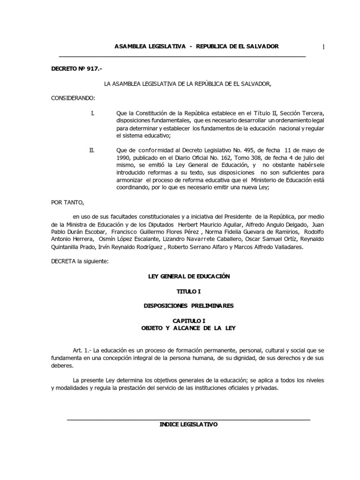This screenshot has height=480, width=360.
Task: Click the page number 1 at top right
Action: [323, 46]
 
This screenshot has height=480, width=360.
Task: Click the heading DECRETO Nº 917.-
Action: [76, 69]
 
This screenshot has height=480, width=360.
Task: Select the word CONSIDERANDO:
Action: [73, 98]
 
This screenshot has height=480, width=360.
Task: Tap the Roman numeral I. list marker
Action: [92, 113]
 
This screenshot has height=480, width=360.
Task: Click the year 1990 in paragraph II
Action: [123, 158]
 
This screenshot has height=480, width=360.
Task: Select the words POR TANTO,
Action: [67, 202]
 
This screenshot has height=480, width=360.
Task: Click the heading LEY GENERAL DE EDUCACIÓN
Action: [189, 277]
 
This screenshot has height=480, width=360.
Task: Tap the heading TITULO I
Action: [189, 291]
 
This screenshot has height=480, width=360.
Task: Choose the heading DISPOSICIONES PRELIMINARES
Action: [189, 306]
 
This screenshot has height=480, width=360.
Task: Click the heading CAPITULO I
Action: [189, 320]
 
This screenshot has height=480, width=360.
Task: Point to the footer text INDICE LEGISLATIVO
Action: [189, 424]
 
